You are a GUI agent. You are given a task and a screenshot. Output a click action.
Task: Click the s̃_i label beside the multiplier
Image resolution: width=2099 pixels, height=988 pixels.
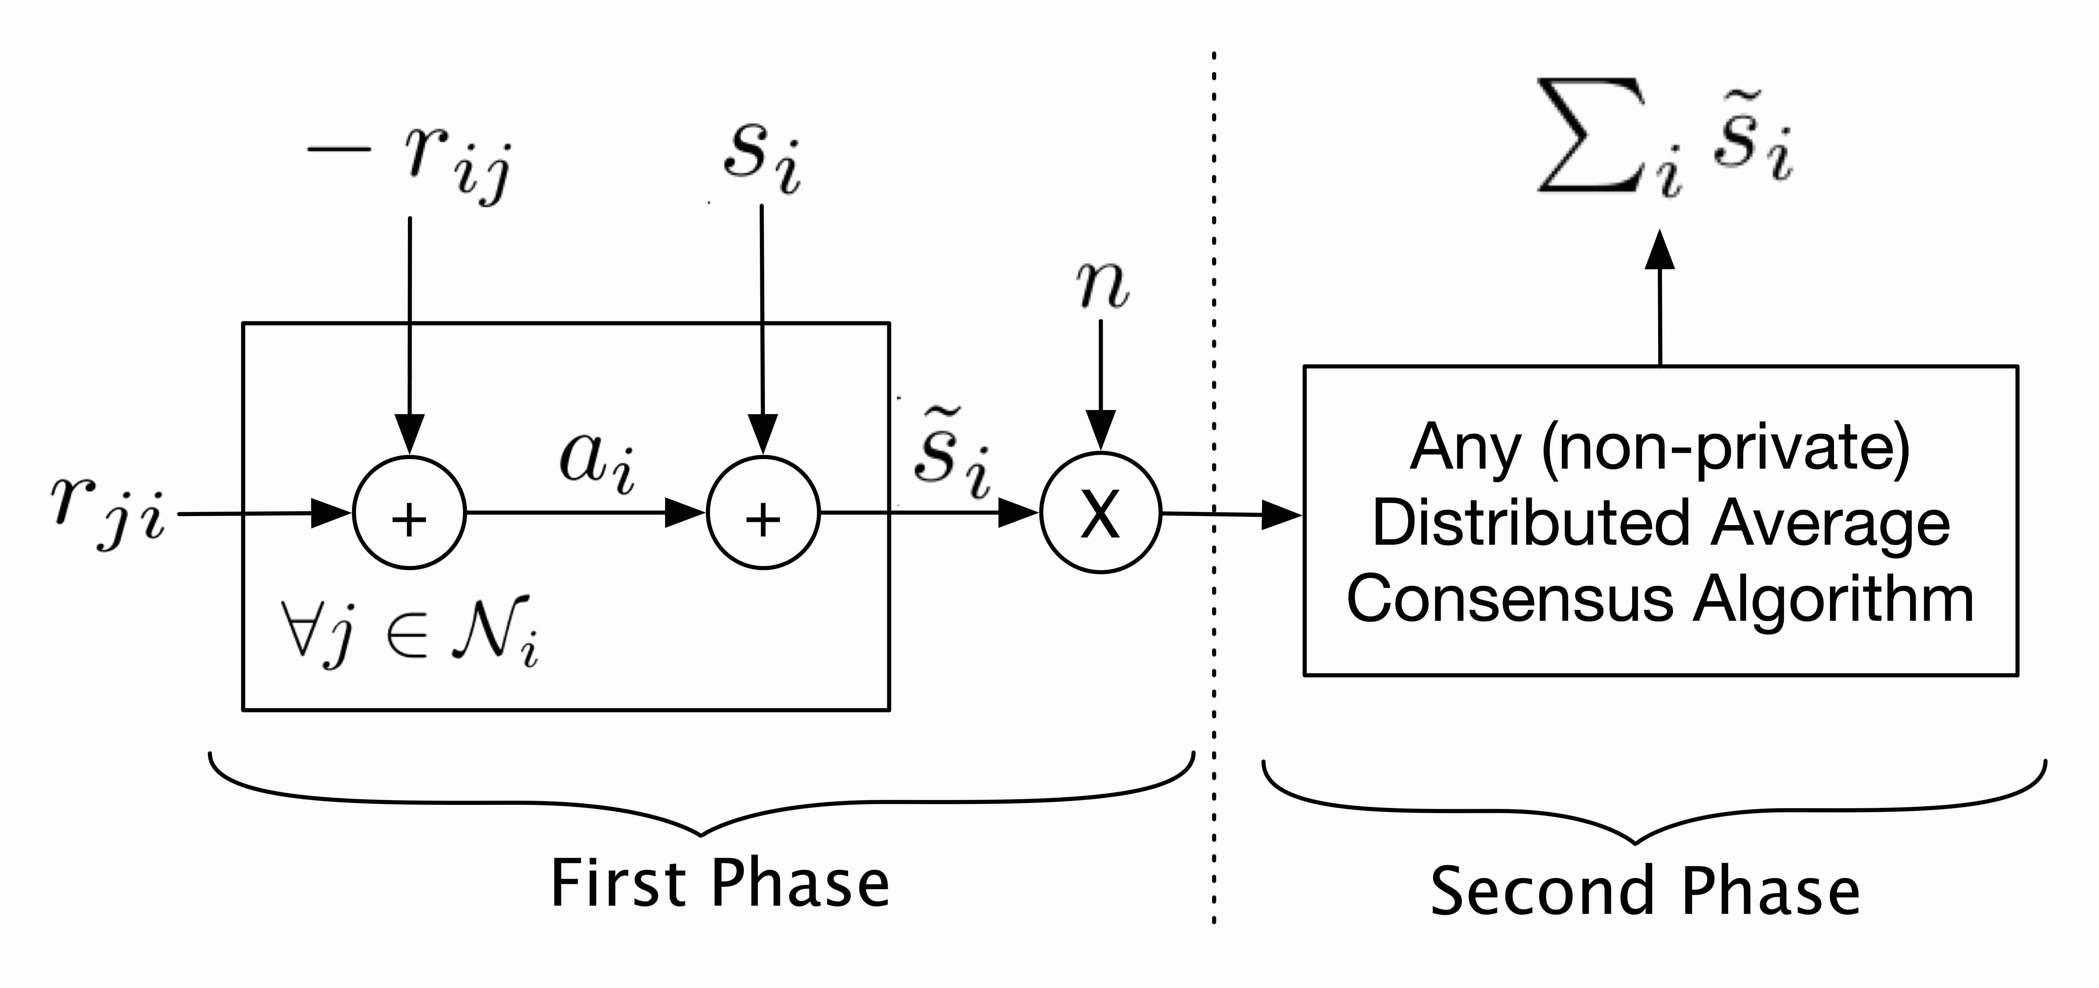click(951, 453)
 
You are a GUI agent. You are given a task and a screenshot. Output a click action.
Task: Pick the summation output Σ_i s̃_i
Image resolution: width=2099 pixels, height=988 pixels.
click(1665, 139)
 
